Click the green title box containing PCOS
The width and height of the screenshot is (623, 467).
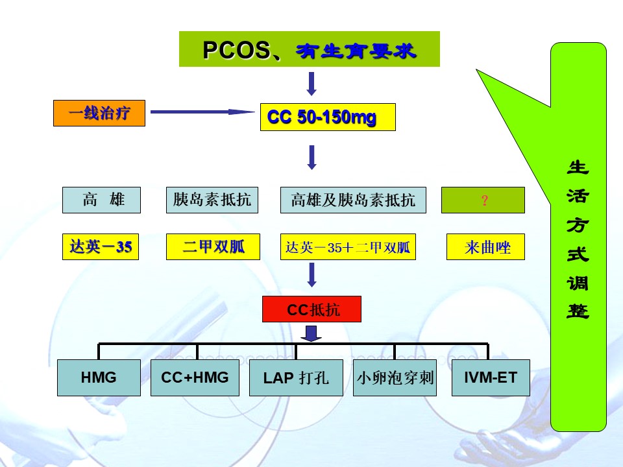pyautogui.click(x=309, y=49)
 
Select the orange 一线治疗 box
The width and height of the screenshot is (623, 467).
pyautogui.click(x=99, y=113)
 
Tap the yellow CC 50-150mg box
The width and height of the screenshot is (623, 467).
pyautogui.click(x=328, y=117)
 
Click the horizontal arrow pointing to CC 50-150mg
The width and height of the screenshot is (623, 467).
pyautogui.click(x=202, y=112)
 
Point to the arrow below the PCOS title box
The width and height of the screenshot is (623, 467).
pyautogui.click(x=312, y=84)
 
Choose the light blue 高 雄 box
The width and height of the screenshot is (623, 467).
pyautogui.click(x=101, y=200)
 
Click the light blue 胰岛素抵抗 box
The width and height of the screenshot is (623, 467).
pyautogui.click(x=212, y=200)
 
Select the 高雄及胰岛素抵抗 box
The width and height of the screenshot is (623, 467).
pyautogui.click(x=353, y=200)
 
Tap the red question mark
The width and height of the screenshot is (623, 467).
pyautogui.click(x=484, y=200)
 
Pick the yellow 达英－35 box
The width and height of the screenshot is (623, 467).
pyautogui.click(x=101, y=246)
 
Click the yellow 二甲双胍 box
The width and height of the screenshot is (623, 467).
pyautogui.click(x=213, y=246)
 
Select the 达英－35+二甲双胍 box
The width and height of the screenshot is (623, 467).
pyautogui.click(x=348, y=246)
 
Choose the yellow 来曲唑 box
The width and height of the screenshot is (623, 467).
pyautogui.click(x=485, y=246)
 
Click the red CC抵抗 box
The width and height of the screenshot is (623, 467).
pyautogui.click(x=312, y=309)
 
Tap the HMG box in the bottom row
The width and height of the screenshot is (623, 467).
pyautogui.click(x=99, y=377)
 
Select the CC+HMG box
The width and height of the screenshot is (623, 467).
pyautogui.click(x=195, y=377)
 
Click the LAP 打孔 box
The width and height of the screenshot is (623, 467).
pyautogui.click(x=297, y=377)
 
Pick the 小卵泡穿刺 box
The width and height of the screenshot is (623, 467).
pyautogui.click(x=395, y=377)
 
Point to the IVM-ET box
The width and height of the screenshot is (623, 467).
pyautogui.click(x=491, y=377)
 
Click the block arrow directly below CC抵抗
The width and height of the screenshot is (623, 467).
pyautogui.click(x=311, y=333)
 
